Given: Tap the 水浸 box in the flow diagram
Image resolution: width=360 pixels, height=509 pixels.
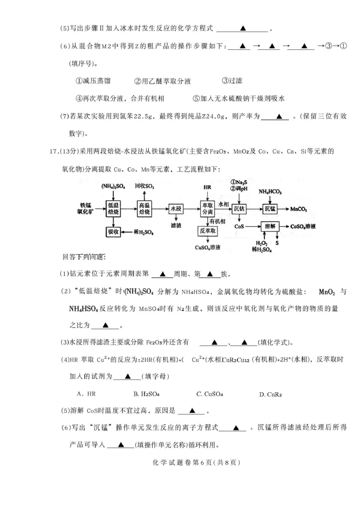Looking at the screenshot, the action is click(x=175, y=209).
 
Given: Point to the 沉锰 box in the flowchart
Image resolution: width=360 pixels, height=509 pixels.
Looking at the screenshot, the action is click(x=270, y=209).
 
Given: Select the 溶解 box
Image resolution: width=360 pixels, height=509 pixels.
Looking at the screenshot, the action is click(x=270, y=228).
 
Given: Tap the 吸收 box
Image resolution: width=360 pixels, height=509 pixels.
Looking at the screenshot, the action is click(x=112, y=232).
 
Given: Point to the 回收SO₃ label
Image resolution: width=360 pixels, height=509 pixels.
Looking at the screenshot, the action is click(x=144, y=186).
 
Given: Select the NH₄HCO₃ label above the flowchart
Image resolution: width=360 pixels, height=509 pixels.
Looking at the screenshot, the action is click(x=270, y=192).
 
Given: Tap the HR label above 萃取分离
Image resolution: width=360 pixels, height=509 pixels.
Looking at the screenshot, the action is click(x=207, y=187).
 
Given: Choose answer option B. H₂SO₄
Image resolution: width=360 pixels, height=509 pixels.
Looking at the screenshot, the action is click(x=147, y=394).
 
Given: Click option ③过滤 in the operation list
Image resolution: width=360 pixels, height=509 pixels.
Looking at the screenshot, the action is click(x=233, y=81).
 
